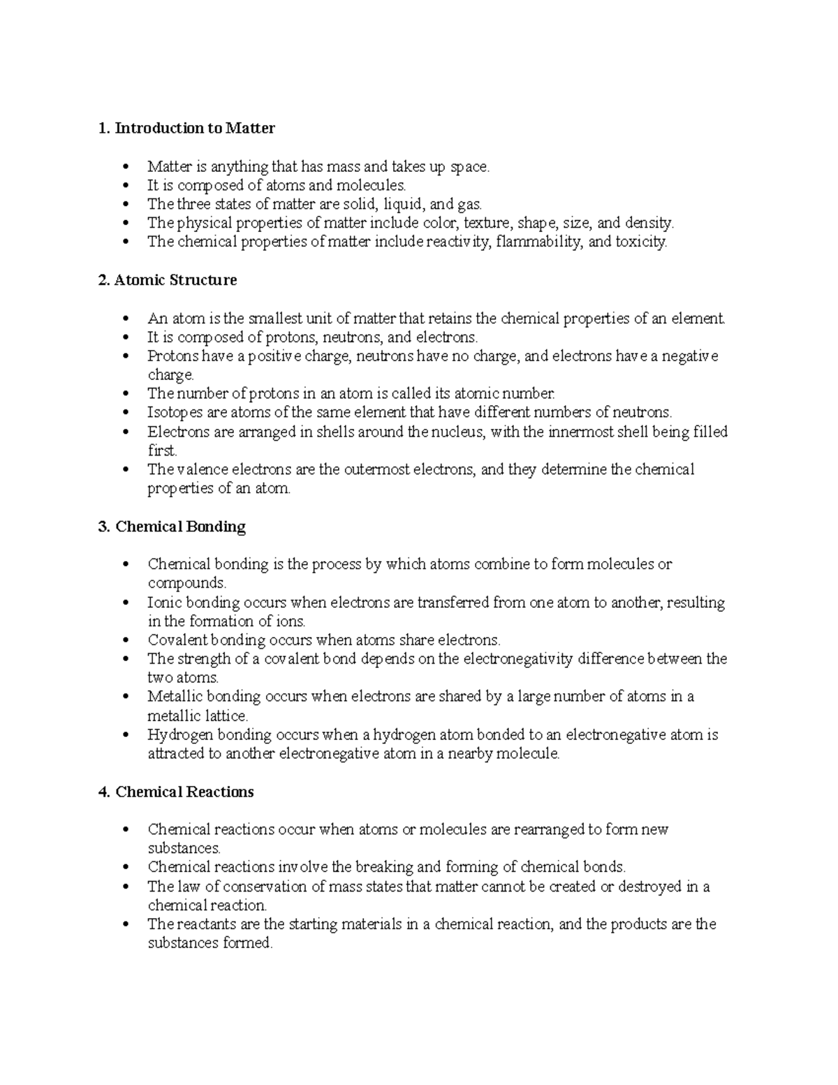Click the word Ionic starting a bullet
click(164, 602)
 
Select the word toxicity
click(641, 242)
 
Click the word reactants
click(203, 924)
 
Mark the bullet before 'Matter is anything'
click(126, 167)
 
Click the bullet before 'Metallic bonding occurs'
click(126, 697)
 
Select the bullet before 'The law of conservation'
click(126, 887)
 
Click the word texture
click(486, 224)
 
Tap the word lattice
click(227, 716)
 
